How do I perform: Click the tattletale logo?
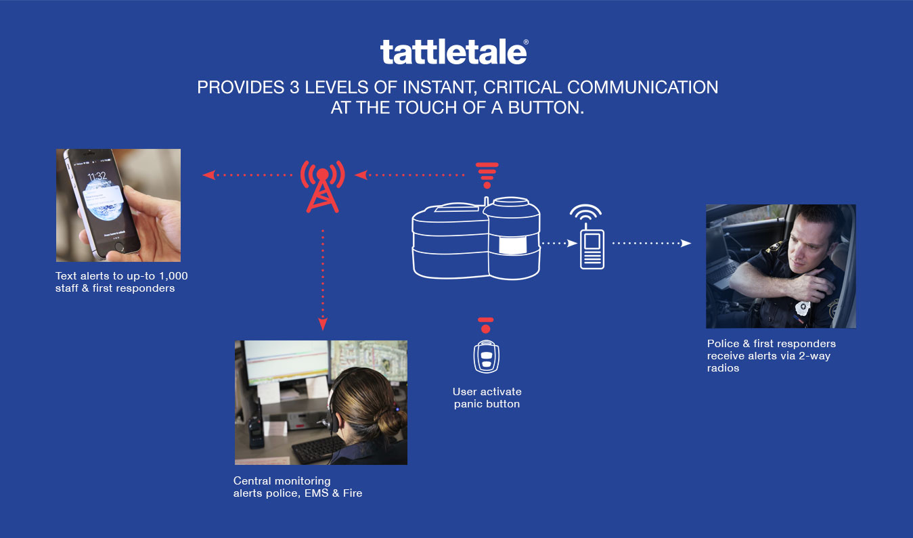point(454,51)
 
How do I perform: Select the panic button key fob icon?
point(486,357)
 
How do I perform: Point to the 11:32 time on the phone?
point(97,176)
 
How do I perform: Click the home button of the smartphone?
point(119,246)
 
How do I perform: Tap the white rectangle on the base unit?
point(513,246)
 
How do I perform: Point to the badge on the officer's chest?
point(803,308)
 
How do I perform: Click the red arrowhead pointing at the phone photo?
point(208,175)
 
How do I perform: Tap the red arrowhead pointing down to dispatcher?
point(323,324)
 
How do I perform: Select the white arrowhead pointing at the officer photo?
point(686,244)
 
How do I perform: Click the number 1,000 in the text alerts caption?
point(173,276)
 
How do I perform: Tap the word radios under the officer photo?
point(723,368)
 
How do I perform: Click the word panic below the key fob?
point(468,404)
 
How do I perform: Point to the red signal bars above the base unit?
point(487,175)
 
